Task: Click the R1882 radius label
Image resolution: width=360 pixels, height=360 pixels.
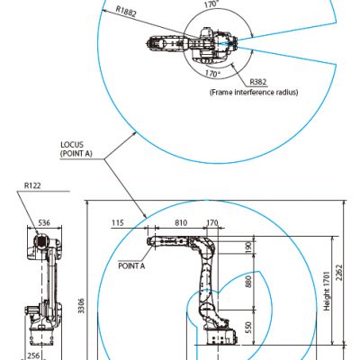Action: coord(126,11)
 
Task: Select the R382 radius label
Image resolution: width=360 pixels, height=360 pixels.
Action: coord(258,82)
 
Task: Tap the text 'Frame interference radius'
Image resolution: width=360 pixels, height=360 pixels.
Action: coord(254,92)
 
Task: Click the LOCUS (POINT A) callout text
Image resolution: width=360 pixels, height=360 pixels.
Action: coord(76,149)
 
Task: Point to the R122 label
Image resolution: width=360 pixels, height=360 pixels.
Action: coord(32,185)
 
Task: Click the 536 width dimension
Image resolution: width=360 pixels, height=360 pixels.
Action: coord(44,223)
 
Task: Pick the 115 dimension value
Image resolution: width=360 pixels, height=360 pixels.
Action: coord(118,223)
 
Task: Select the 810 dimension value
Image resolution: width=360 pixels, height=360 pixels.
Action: coord(181,223)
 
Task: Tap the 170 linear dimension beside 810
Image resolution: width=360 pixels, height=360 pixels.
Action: coord(212,223)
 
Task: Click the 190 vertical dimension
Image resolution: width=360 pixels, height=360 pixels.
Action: coord(248,247)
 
